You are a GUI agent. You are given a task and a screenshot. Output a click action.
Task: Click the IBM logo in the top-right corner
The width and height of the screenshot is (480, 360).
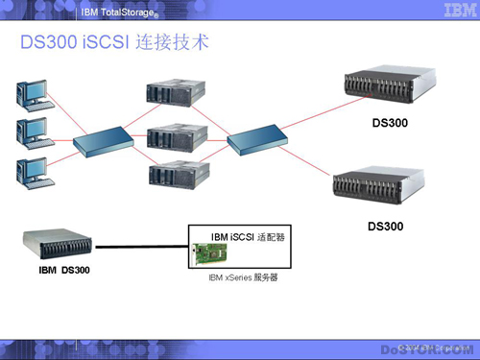point(452,11)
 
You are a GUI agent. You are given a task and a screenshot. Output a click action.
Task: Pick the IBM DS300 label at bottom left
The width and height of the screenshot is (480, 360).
point(58,270)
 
